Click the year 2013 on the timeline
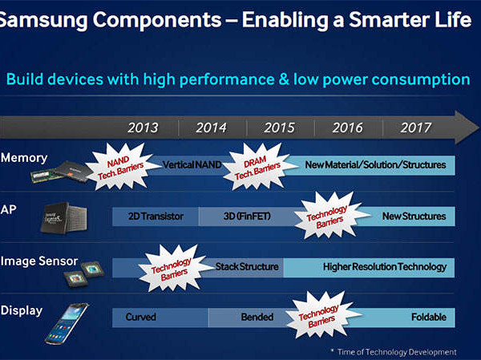click(143, 127)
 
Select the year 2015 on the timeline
click(279, 127)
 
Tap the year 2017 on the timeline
click(415, 127)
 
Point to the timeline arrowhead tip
click(479, 127)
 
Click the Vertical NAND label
click(192, 165)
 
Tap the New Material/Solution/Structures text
click(375, 165)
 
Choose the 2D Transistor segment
click(156, 216)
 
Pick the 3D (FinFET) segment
click(247, 216)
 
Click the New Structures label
click(414, 216)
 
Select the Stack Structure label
click(247, 266)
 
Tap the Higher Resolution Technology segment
click(369, 268)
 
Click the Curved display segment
click(160, 318)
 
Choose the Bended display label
click(257, 317)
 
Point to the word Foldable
click(429, 317)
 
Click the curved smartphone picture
click(67, 323)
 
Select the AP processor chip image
click(63, 217)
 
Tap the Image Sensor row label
click(39, 261)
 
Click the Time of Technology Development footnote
click(394, 352)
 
